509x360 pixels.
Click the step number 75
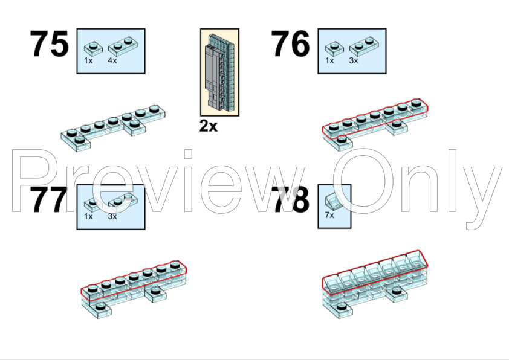click(50, 43)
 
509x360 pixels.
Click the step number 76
click(291, 43)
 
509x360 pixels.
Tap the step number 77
click(50, 200)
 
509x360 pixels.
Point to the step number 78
click(291, 200)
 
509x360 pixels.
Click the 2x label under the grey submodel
click(209, 126)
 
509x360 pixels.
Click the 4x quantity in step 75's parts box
click(112, 60)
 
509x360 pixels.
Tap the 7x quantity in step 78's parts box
click(329, 215)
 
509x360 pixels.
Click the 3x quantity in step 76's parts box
click(354, 60)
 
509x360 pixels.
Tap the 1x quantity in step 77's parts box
click(88, 216)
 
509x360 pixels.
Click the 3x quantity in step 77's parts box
click(112, 216)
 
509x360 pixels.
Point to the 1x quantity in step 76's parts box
click(329, 60)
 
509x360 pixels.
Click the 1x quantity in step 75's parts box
click(88, 60)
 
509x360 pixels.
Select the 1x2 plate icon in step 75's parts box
click(123, 47)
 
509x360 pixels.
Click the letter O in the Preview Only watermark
click(362, 181)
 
